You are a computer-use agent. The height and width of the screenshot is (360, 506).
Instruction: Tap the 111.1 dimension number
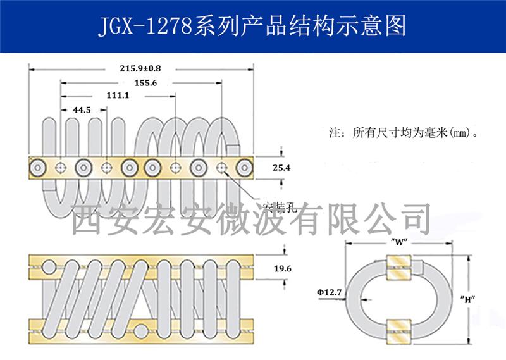[118, 96]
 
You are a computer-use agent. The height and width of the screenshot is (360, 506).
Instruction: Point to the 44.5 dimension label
[82, 109]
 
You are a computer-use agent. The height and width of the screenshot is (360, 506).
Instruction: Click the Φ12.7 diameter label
[330, 292]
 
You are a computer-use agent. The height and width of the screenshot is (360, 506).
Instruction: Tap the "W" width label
[398, 242]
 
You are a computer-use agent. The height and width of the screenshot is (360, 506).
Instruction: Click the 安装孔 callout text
[275, 207]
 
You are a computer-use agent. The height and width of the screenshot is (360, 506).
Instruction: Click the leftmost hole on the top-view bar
[39, 168]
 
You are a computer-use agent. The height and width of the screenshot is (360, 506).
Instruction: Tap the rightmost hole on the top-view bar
[244, 168]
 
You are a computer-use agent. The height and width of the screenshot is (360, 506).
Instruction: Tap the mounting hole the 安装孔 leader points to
[222, 168]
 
